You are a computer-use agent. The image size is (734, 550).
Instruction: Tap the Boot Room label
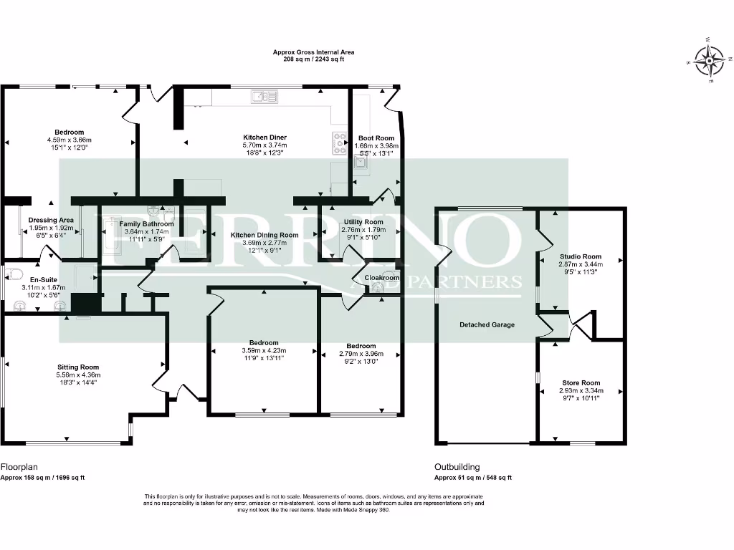pyautogui.click(x=376, y=138)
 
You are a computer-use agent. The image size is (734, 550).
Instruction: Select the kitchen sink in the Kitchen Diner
pyautogui.click(x=264, y=97)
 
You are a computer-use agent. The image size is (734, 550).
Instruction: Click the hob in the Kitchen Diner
pyautogui.click(x=339, y=143)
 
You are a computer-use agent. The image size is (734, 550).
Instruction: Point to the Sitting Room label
pyautogui.click(x=78, y=367)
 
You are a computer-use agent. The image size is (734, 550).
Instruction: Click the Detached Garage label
pyautogui.click(x=487, y=324)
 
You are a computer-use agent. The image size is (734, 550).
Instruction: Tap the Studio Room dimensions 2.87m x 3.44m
pyautogui.click(x=581, y=264)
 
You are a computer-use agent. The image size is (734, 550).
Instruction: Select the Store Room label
pyautogui.click(x=581, y=382)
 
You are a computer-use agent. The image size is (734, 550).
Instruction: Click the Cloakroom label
pyautogui.click(x=381, y=278)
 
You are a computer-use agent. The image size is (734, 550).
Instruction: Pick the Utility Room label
pyautogui.click(x=363, y=222)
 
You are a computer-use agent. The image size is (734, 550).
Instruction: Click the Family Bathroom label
pyautogui.click(x=146, y=224)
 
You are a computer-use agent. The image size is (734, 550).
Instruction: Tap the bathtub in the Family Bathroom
pyautogui.click(x=112, y=235)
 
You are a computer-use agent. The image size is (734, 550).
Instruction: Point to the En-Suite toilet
pyautogui.click(x=13, y=274)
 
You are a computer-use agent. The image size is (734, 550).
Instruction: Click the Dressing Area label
pyautogui.click(x=51, y=221)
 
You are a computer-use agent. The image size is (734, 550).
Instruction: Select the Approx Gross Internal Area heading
pyautogui.click(x=314, y=52)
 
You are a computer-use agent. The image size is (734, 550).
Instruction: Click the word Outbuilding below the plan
pyautogui.click(x=457, y=467)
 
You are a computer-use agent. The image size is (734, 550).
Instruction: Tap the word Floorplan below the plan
pyautogui.click(x=19, y=467)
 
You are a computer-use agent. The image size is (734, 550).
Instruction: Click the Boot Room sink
pyautogui.click(x=361, y=163)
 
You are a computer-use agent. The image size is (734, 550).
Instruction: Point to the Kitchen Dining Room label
pyautogui.click(x=264, y=235)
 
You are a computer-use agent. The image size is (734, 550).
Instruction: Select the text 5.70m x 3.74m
pyautogui.click(x=264, y=145)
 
